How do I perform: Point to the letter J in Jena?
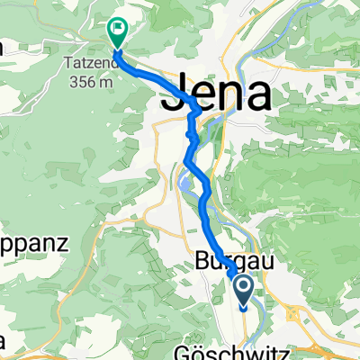coord(173,95)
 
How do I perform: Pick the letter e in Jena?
coord(200,95)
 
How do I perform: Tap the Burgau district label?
coord(229,262)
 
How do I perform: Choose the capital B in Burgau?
coord(202,262)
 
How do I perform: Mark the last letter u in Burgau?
coord(256,262)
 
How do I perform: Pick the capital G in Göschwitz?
coord(177,352)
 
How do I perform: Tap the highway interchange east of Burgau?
coord(294,315)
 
